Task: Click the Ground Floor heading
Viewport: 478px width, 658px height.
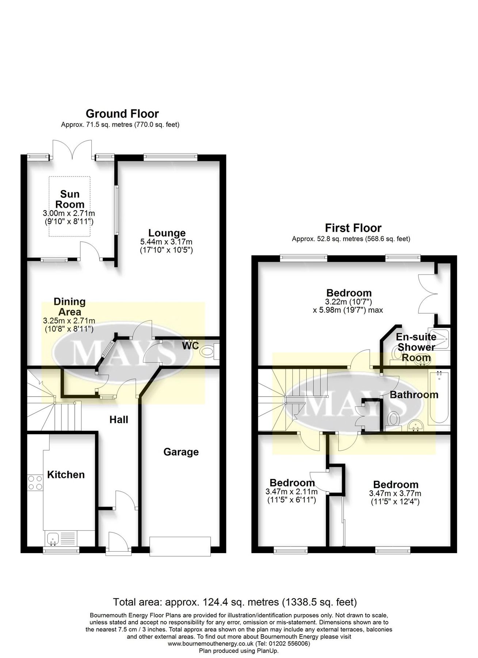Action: click(x=122, y=114)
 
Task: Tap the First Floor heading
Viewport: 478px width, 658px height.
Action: click(x=353, y=228)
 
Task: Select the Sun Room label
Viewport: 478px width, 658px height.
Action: click(x=70, y=199)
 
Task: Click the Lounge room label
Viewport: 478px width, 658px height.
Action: click(x=167, y=233)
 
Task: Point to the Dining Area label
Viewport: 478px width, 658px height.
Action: click(x=69, y=307)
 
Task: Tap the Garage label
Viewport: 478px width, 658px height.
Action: click(x=181, y=452)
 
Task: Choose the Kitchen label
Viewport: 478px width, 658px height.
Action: click(x=66, y=474)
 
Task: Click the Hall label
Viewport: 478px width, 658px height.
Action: click(x=119, y=419)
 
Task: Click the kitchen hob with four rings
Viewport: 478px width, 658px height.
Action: click(x=35, y=482)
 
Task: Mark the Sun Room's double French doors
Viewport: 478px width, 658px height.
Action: click(x=72, y=150)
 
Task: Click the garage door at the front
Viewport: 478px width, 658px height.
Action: click(x=180, y=546)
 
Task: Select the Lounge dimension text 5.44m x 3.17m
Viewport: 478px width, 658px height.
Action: click(x=166, y=242)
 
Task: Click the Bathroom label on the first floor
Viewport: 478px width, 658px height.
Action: click(x=414, y=395)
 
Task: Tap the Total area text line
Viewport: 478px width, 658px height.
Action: click(x=235, y=602)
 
